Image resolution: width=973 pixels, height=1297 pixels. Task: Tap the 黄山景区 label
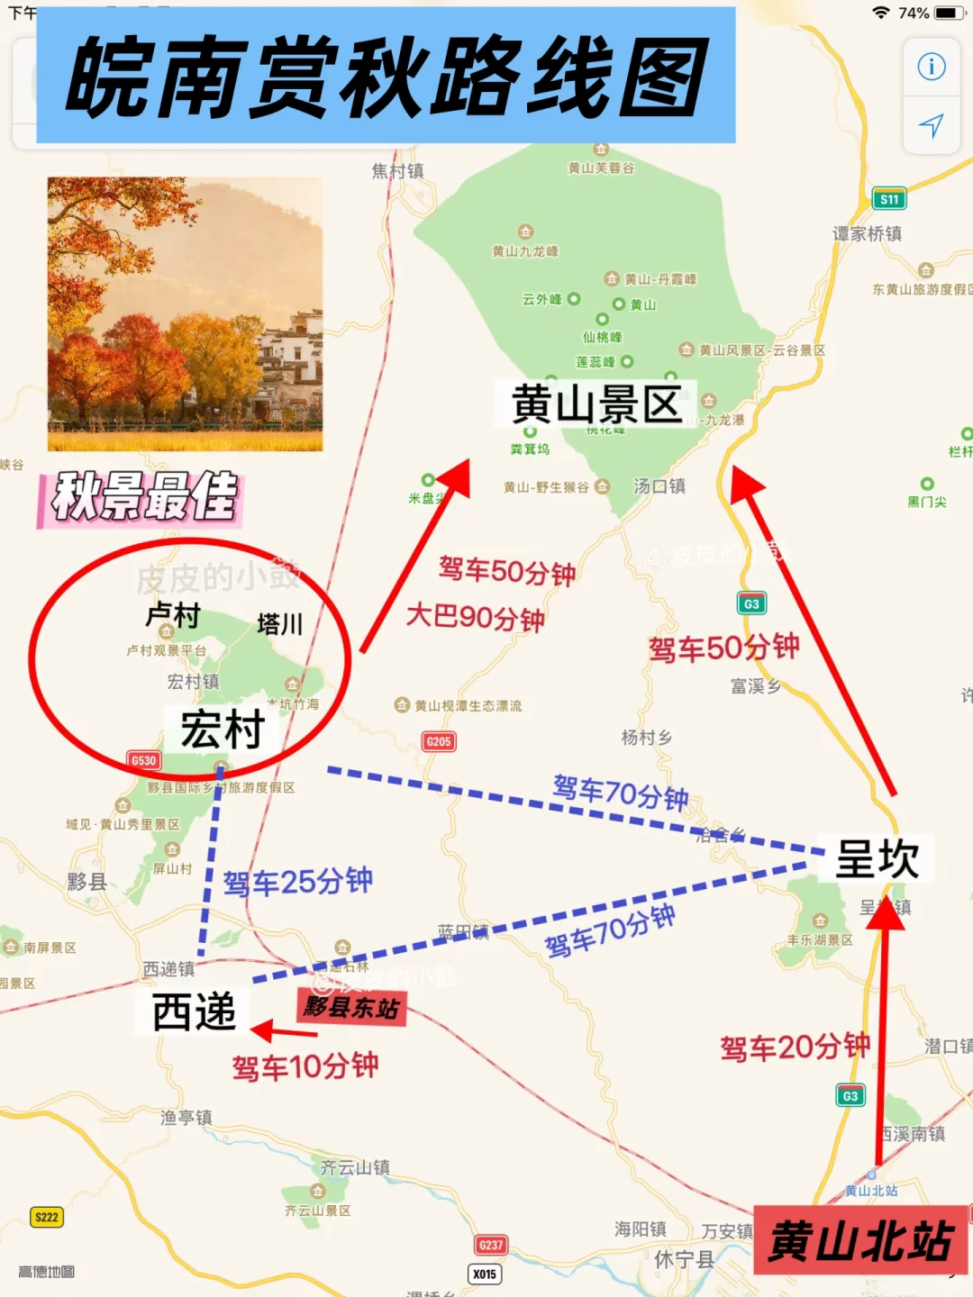click(596, 404)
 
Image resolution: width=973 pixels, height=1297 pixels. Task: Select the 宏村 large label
click(223, 729)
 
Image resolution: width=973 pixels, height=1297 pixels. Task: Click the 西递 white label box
click(194, 1011)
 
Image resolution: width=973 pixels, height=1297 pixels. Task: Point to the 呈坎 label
click(877, 858)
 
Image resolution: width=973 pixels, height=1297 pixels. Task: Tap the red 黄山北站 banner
click(860, 1242)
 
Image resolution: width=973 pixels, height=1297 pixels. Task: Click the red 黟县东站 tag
click(351, 1007)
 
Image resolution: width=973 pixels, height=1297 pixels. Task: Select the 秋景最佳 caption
click(144, 496)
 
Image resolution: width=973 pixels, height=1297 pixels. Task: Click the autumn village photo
click(185, 313)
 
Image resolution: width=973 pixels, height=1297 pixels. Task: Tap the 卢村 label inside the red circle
click(173, 616)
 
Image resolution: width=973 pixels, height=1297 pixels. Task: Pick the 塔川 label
click(279, 624)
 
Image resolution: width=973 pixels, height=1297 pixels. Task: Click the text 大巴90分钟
click(476, 618)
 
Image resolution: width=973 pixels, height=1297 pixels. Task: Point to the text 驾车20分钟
click(795, 1047)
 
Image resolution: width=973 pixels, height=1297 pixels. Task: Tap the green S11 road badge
click(889, 199)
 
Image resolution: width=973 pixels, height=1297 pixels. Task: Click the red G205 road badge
click(439, 741)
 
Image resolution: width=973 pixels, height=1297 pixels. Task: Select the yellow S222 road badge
click(46, 1217)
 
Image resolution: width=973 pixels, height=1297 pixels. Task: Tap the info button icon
click(932, 67)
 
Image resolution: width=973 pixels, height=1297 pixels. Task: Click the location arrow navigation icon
click(932, 125)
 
